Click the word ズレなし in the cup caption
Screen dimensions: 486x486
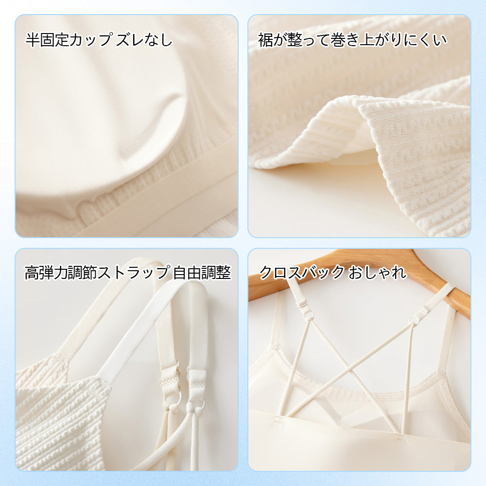click(x=144, y=40)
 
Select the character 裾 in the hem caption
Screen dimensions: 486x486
click(x=265, y=40)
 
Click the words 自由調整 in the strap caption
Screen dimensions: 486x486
click(x=202, y=273)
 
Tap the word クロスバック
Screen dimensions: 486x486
click(x=302, y=273)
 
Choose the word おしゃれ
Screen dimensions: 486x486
click(x=377, y=273)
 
